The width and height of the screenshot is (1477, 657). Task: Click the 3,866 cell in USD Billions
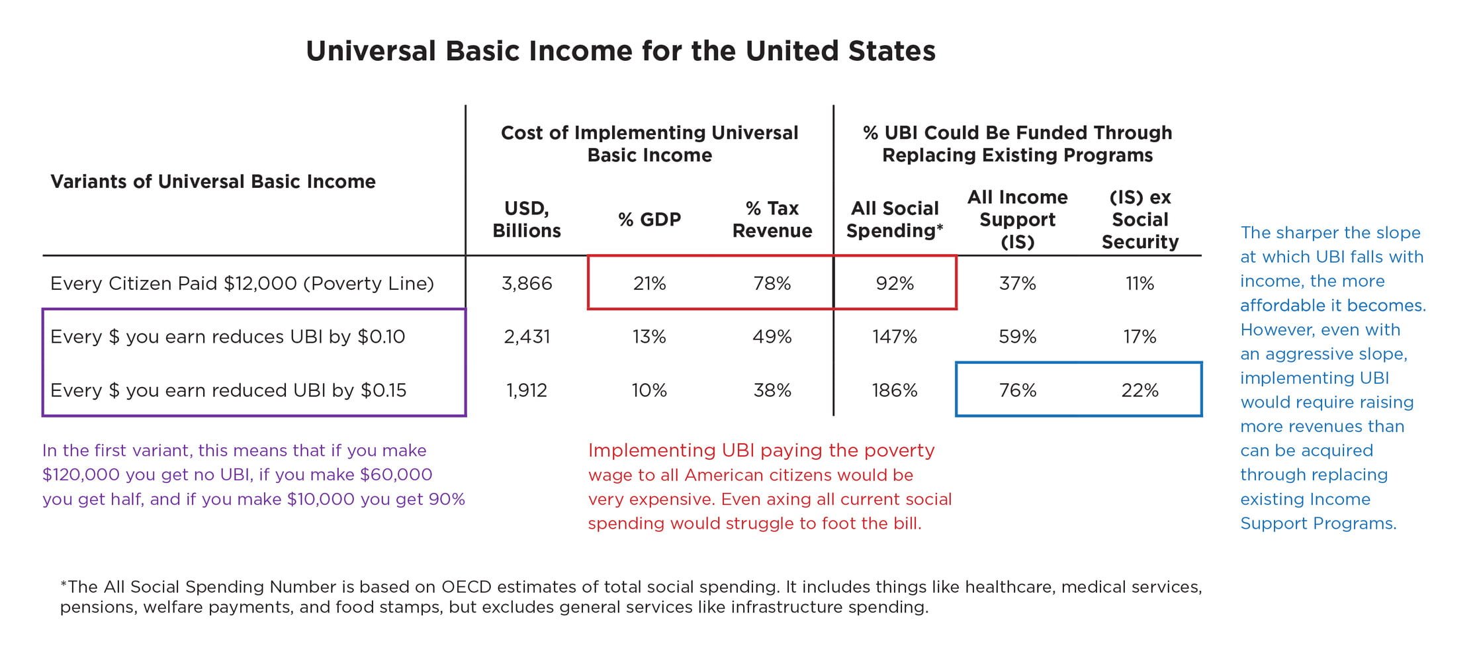click(527, 283)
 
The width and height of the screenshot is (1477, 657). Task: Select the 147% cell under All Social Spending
click(895, 337)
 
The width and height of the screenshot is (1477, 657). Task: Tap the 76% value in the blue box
click(1017, 390)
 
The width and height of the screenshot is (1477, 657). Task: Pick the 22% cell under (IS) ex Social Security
click(1140, 390)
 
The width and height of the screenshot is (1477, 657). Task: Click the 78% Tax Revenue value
click(772, 283)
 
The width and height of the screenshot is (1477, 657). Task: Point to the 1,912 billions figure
click(527, 390)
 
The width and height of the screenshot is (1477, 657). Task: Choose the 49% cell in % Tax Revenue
click(772, 337)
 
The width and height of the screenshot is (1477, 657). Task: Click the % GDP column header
click(649, 220)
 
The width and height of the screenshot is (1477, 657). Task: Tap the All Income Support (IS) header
click(1017, 219)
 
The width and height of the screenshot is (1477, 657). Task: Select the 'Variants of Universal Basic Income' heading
click(213, 181)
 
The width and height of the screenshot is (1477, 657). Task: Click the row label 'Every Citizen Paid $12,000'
click(242, 283)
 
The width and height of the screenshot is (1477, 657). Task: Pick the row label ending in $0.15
click(228, 390)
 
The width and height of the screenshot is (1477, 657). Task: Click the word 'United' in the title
click(791, 51)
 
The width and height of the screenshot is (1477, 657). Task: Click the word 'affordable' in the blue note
click(1283, 306)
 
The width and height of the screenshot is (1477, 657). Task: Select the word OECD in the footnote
click(467, 587)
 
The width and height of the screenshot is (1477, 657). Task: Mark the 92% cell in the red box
click(895, 283)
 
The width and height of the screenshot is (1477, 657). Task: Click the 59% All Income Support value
click(1017, 337)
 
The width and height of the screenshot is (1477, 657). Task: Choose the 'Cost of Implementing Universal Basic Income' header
click(649, 144)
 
